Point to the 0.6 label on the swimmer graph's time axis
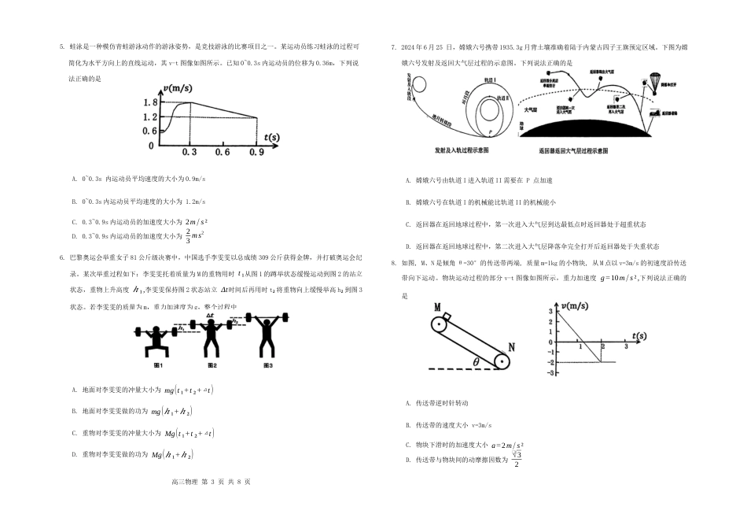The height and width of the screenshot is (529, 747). point(223,153)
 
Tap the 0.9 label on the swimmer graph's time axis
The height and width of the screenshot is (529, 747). point(256,153)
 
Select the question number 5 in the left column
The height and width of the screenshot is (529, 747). point(61,46)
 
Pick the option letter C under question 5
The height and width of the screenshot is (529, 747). point(73,222)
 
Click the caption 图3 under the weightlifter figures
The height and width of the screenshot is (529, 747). point(268,366)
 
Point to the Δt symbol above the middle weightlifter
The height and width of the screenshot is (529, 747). point(210,316)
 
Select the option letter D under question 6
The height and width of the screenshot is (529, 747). point(73,455)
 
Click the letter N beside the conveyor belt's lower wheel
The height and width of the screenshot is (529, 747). point(512,346)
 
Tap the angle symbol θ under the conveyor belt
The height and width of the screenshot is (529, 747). point(476,361)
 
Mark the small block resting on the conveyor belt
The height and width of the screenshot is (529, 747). point(447,318)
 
